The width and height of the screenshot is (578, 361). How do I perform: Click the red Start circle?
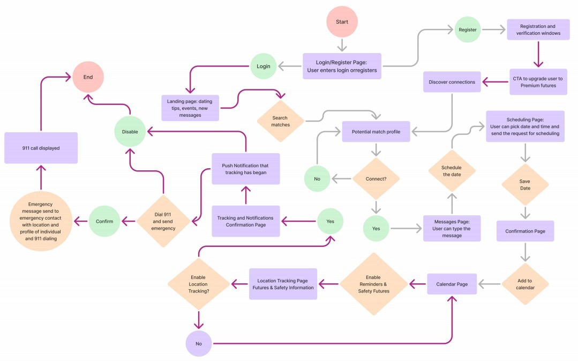click(x=342, y=22)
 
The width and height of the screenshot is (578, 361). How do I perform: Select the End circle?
click(x=88, y=77)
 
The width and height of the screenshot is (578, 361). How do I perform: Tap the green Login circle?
click(x=263, y=66)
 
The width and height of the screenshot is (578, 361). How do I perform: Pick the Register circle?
click(x=468, y=29)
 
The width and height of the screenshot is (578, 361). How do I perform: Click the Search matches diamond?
click(x=281, y=122)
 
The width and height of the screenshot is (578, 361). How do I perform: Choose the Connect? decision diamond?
click(x=376, y=179)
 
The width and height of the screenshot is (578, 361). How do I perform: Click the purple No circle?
click(x=199, y=344)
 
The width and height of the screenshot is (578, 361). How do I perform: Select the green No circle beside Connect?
click(x=317, y=179)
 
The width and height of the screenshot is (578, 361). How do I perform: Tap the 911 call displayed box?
click(x=41, y=148)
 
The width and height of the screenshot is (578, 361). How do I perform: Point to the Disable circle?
click(x=130, y=132)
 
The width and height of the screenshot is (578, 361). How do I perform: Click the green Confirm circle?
click(x=104, y=221)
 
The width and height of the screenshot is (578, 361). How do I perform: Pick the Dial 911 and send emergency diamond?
click(x=163, y=221)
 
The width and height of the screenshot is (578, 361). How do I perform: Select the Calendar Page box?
click(x=452, y=284)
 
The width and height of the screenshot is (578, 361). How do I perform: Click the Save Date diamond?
click(x=526, y=184)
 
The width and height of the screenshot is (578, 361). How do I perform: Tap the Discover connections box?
click(x=452, y=82)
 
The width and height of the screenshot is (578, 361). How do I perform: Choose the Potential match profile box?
click(x=376, y=132)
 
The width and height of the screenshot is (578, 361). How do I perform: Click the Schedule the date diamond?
click(x=452, y=171)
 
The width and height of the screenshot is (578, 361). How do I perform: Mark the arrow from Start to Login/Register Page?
click(x=342, y=45)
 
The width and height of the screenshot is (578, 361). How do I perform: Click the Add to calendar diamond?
click(x=526, y=284)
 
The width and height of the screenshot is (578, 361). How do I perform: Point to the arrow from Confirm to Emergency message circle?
click(x=81, y=221)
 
